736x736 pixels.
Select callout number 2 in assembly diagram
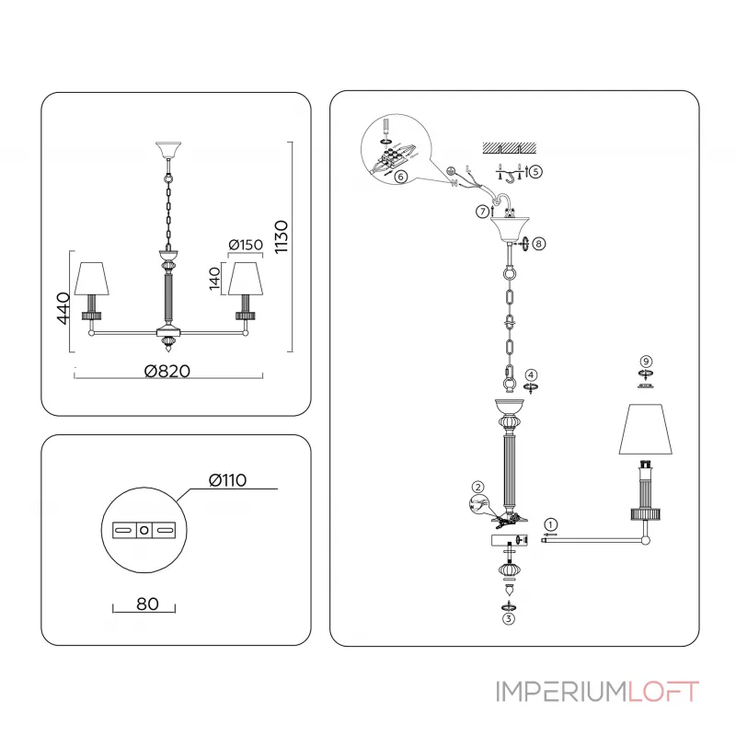477,487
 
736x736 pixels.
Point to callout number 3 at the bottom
508,619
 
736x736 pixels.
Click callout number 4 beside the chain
531,375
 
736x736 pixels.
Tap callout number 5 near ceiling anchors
535,171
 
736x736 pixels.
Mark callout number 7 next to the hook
482,212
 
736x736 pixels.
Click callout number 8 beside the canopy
538,244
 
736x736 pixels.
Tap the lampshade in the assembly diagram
646,430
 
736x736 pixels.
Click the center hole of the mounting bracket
144,531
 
